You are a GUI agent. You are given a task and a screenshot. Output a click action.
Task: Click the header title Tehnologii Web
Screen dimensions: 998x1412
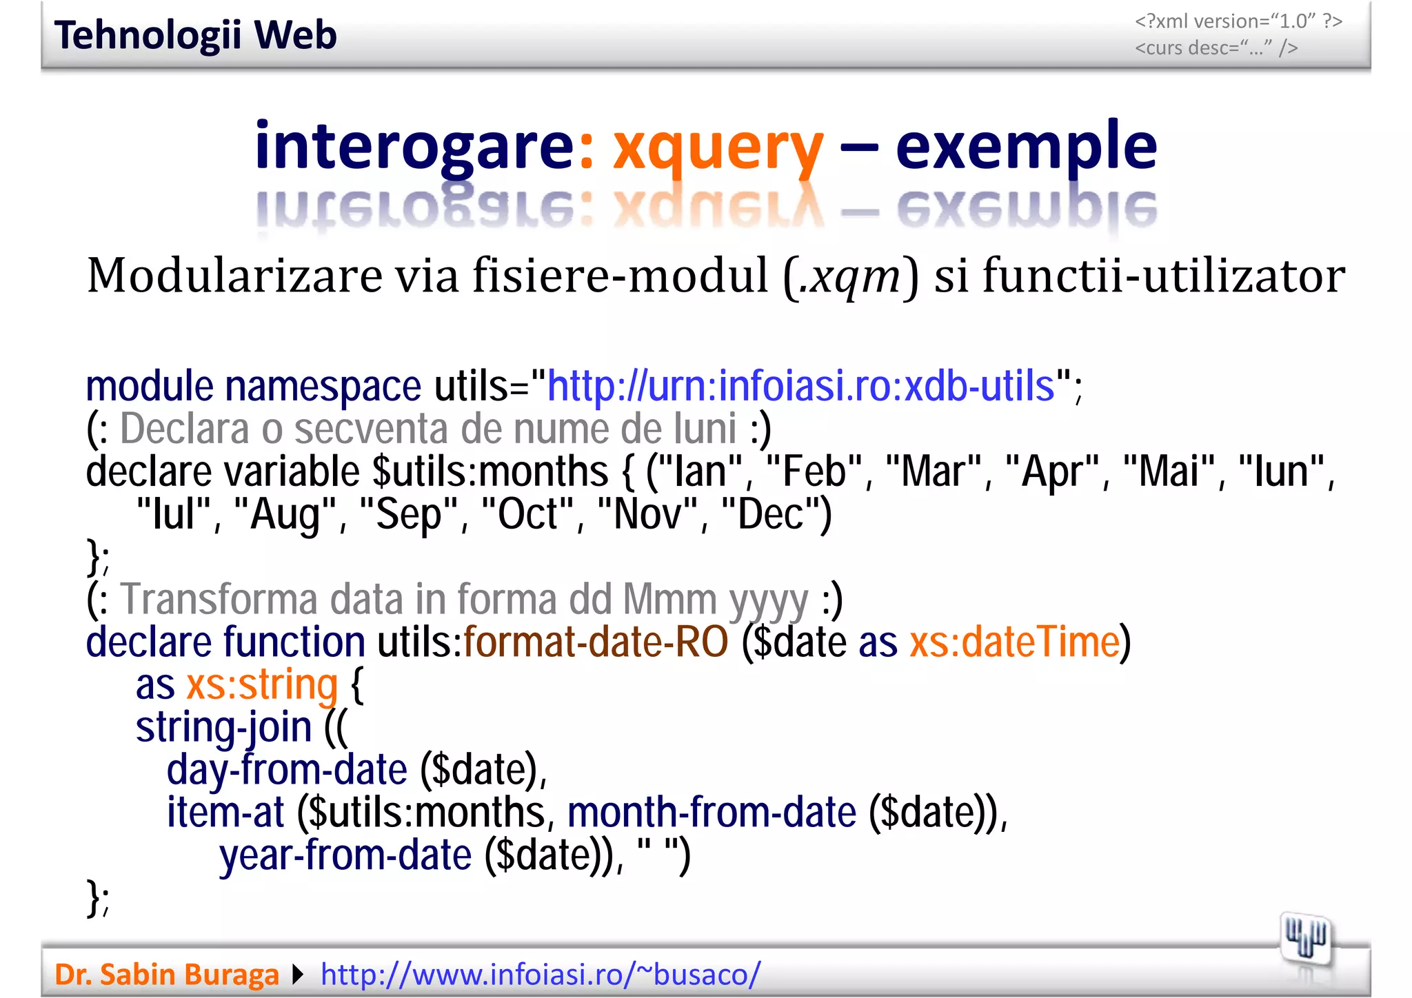pos(195,35)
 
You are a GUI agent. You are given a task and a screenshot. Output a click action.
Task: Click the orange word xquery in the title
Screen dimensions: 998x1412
pos(718,146)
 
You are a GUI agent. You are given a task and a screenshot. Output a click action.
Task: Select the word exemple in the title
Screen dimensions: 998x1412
pos(1026,146)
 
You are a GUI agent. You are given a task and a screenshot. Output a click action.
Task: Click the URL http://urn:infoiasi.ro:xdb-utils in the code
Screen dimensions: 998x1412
pos(800,386)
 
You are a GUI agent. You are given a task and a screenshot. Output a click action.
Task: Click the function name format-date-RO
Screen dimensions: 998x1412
pos(596,642)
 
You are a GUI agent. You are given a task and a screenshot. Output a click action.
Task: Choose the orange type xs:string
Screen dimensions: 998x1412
pos(262,685)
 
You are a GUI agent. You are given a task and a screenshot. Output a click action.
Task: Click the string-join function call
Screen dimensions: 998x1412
pos(223,728)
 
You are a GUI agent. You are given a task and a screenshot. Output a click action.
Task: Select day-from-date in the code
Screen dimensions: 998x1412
pos(287,771)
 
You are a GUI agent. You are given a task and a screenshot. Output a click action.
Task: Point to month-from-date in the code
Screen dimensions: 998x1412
pos(712,813)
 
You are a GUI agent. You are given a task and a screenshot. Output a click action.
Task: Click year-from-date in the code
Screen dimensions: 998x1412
pos(345,856)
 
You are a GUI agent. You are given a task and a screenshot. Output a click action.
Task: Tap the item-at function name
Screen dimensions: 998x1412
pos(225,813)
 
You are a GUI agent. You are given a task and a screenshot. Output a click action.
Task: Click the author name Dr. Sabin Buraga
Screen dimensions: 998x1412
pos(166,975)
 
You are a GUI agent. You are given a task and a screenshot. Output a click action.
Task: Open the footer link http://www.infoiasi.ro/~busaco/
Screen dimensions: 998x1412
pos(541,975)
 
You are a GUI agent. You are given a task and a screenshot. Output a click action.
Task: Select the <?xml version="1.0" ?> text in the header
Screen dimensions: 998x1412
pos(1238,21)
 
